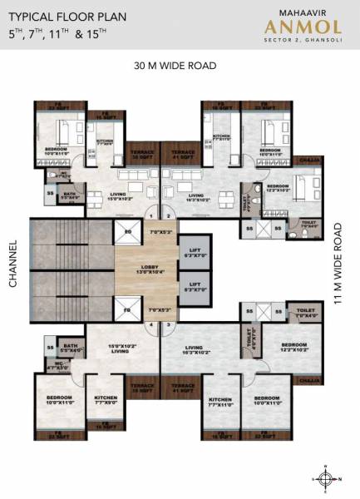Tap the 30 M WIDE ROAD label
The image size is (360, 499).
[175, 65]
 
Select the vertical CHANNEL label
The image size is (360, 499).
[12, 264]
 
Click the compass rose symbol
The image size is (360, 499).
[328, 479]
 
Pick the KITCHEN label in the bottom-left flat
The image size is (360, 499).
[106, 400]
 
